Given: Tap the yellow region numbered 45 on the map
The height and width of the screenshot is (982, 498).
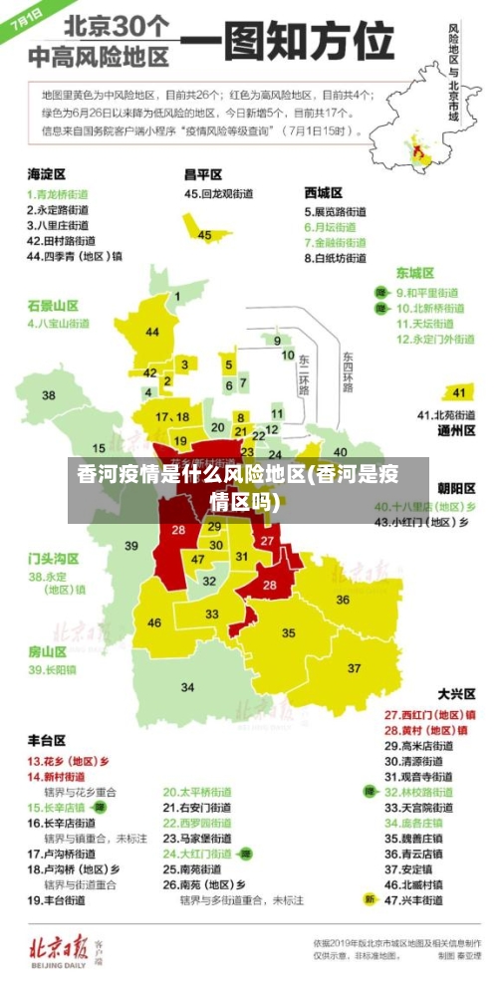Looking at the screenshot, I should click(205, 234).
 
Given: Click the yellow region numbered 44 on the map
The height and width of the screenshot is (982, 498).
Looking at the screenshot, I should click(152, 331).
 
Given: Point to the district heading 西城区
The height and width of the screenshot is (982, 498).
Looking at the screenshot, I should click(324, 192).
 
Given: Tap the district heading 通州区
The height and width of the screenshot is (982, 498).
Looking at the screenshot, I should click(456, 431).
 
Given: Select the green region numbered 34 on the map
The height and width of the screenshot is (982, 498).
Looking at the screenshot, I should click(187, 686).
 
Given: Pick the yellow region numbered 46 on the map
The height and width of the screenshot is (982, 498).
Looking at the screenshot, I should click(154, 622).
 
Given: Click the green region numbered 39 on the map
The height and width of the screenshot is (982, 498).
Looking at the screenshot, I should click(130, 545).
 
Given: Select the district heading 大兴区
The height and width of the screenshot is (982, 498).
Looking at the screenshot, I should click(456, 692).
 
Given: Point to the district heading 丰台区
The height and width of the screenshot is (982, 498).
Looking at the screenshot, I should click(47, 740).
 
